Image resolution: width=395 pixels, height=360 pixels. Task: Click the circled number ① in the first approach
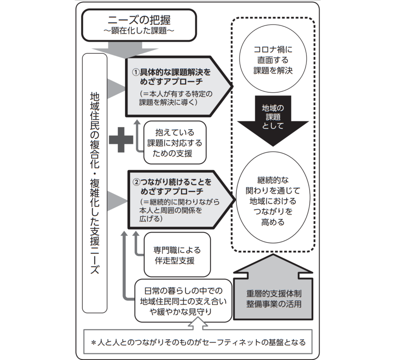pyautogui.click(x=135, y=72)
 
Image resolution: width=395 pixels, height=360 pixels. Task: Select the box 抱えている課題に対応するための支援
pyautogui.click(x=174, y=143)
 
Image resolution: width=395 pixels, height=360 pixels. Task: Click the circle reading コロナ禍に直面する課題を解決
pyautogui.click(x=273, y=60)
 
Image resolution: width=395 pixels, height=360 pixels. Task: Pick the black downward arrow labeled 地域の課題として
pyautogui.click(x=273, y=119)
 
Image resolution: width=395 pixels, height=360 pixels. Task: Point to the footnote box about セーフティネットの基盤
pyautogui.click(x=198, y=342)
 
